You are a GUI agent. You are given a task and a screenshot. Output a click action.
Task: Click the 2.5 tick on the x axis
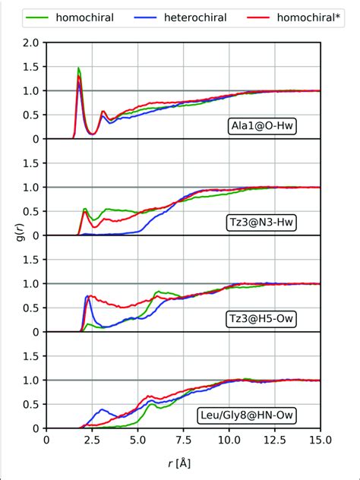click(92, 440)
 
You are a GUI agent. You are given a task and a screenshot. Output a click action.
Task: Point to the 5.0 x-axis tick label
click(137, 440)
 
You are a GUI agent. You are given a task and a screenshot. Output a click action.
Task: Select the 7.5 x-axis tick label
click(183, 440)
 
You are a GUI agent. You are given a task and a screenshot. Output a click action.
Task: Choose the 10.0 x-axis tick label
click(229, 440)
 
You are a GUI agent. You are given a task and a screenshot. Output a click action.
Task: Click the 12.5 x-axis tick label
click(274, 440)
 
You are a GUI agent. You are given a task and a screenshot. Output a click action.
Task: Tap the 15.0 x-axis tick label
click(320, 440)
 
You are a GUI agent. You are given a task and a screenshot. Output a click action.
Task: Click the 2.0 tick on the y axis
click(31, 43)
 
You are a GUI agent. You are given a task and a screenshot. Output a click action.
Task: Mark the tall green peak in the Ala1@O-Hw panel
click(79, 68)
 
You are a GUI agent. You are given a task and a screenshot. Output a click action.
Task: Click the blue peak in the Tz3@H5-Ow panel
click(89, 297)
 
